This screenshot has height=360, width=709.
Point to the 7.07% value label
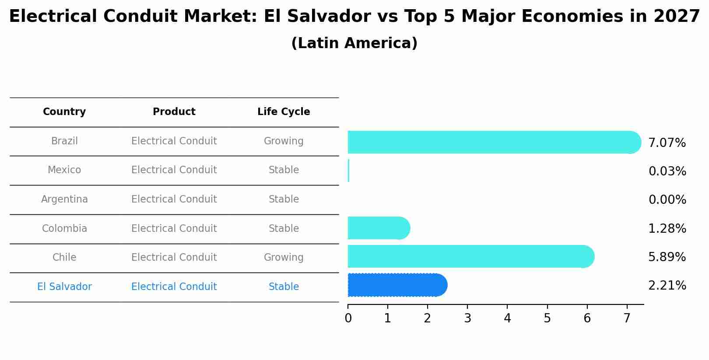[x=667, y=143]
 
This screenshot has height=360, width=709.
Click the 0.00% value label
[x=667, y=200]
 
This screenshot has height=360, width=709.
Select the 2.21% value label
[x=667, y=286]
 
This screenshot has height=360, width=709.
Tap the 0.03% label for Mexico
[x=667, y=171]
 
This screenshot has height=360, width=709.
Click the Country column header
[x=64, y=112]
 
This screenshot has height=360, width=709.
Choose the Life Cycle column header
[x=284, y=112]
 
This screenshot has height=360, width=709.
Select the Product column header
[x=174, y=112]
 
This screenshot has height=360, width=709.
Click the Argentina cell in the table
[x=64, y=199]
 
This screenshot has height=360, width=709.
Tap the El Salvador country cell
[x=64, y=287]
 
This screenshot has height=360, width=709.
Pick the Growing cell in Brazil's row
[x=284, y=141]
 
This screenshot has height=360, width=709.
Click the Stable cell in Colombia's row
[x=284, y=229]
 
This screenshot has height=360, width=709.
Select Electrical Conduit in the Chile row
[x=174, y=258]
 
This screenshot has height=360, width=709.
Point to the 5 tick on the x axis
[x=547, y=318]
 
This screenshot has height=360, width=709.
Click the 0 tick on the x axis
[x=348, y=318]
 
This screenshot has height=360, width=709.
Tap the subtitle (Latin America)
[x=354, y=43]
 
